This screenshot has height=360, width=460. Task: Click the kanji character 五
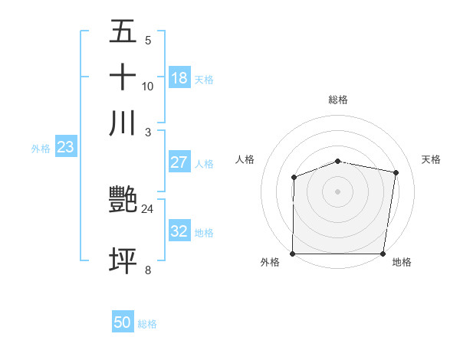click(123, 32)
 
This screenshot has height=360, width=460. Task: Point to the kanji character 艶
click(123, 201)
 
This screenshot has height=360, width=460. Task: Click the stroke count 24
click(148, 209)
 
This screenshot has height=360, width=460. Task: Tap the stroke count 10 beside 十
click(148, 87)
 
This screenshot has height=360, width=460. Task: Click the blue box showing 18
click(179, 78)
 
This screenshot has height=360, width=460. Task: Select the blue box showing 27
click(179, 162)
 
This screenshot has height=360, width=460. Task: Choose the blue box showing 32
click(179, 231)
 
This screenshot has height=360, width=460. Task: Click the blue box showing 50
click(122, 323)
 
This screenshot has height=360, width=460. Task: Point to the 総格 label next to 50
click(147, 324)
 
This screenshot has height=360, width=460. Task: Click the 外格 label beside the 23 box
click(41, 149)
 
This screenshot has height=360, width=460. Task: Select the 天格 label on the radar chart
click(432, 159)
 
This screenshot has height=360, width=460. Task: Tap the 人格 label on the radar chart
click(245, 159)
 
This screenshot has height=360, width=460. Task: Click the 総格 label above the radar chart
click(338, 100)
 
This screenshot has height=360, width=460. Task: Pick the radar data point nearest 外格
click(293, 254)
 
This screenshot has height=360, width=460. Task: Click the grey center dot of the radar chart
click(338, 191)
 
